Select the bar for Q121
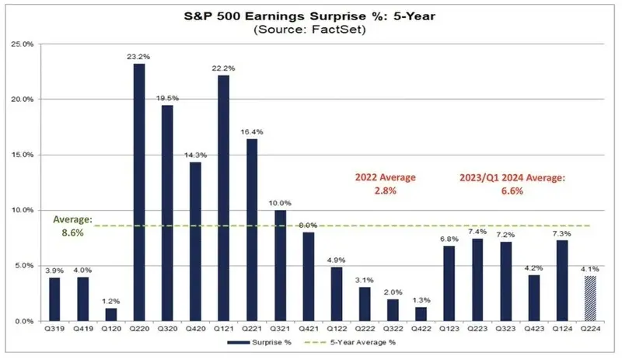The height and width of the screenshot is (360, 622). point(223,197)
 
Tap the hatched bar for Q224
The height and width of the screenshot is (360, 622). point(590,298)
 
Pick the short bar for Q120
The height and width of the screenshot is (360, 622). point(110,314)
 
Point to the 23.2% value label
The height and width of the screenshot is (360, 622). point(138,55)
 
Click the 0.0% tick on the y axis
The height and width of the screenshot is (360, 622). point(25,321)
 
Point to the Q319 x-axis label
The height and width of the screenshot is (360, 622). point(54,330)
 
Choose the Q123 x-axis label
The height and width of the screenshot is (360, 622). point(449,330)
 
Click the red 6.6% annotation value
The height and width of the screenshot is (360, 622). point(512,190)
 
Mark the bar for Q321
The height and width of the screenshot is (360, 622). point(280,265)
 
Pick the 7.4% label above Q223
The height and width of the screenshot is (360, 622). point(477,231)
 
